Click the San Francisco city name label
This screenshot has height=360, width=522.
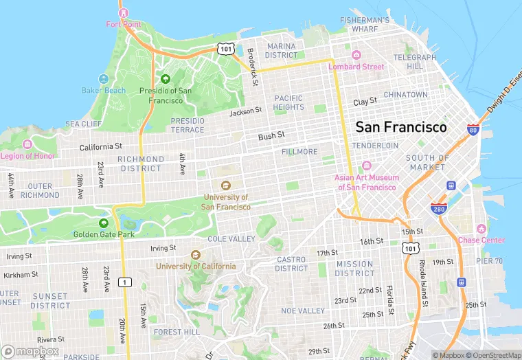400,127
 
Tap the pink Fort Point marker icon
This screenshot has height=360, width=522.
124,12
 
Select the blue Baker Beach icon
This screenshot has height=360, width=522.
104,79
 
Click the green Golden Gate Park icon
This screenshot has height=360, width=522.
104,223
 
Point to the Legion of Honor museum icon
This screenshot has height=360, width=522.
27,144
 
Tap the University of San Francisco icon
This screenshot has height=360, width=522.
226,185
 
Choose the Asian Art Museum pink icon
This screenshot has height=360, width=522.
366,166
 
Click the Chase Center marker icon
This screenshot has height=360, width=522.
481,229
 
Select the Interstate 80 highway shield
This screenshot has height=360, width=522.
473,129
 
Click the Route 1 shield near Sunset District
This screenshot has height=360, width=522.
124,282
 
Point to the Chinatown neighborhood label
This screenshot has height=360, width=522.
405,94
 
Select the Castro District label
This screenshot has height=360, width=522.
292,264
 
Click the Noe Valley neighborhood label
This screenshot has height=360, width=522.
303,311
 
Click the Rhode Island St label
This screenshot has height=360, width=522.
422,275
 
